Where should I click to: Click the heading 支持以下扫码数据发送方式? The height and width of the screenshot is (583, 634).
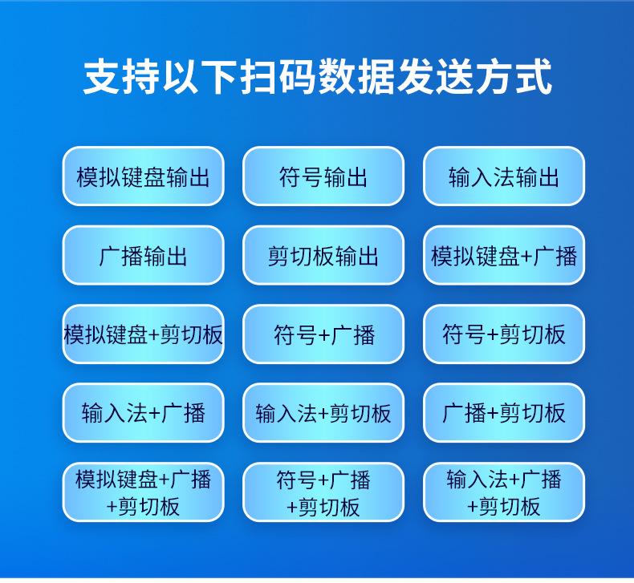[x=318, y=77]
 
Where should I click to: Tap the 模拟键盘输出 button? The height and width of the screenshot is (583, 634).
[x=143, y=176]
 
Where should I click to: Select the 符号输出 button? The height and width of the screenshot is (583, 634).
[x=323, y=176]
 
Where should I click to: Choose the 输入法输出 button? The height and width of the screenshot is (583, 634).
[x=504, y=176]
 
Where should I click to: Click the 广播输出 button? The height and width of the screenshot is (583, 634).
[x=143, y=255]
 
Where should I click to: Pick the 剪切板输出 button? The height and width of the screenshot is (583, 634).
[x=323, y=255]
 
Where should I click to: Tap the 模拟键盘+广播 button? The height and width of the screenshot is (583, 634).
[x=504, y=255]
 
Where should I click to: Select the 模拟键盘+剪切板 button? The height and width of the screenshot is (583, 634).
[x=143, y=334]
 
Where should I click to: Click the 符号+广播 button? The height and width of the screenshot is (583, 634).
[x=323, y=334]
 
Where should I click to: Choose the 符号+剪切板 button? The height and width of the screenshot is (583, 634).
[x=504, y=334]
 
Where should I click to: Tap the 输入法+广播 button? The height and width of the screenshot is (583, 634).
[x=143, y=413]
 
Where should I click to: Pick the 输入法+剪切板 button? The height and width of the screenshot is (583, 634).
[x=323, y=413]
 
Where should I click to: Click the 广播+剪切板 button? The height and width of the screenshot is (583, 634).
[x=504, y=413]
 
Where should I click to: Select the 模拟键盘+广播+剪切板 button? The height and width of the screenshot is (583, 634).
[x=143, y=492]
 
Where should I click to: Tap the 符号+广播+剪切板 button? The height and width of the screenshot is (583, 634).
[x=323, y=492]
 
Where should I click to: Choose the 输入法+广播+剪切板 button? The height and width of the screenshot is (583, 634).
[x=504, y=492]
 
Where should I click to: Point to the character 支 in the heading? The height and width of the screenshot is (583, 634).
[x=101, y=77]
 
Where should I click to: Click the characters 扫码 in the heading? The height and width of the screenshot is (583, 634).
[x=278, y=77]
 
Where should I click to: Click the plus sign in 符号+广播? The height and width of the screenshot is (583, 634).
[x=323, y=335]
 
